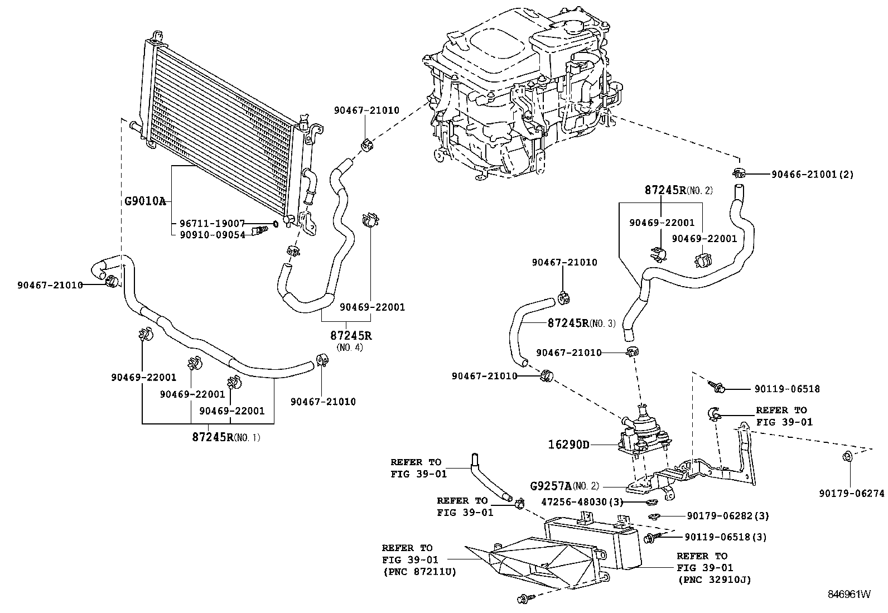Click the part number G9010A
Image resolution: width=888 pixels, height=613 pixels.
coord(145,201)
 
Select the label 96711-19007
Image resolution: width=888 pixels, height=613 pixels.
coord(212,223)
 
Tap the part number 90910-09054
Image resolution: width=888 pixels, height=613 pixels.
coord(212,235)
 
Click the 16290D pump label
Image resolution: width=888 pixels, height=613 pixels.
coord(568,445)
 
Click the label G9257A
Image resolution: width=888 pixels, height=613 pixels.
coord(552,486)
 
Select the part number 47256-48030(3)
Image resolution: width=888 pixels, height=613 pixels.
coord(582,501)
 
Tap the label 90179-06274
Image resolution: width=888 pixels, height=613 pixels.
coord(852,493)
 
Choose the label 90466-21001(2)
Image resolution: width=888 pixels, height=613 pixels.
coord(812,175)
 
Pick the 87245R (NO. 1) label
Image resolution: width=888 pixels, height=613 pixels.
coord(226,437)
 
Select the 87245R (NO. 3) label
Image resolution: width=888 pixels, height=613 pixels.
coord(582,323)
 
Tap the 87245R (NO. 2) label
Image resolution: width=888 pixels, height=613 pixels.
coord(678,190)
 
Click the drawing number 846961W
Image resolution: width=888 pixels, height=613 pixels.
coord(848,594)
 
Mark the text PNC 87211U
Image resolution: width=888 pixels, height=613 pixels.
coord(419,572)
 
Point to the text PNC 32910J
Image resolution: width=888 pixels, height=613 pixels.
coord(715,580)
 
